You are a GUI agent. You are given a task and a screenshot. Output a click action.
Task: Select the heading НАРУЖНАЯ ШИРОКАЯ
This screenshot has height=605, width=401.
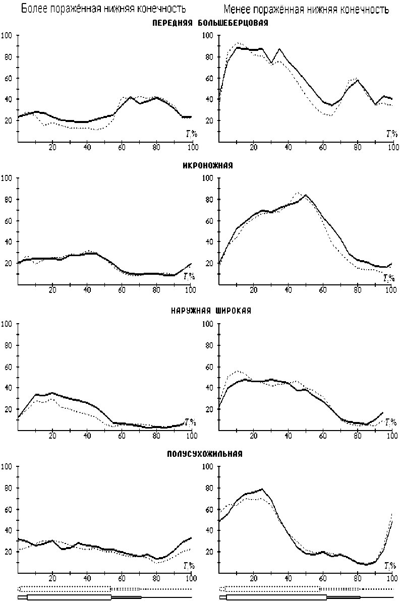click(211, 311)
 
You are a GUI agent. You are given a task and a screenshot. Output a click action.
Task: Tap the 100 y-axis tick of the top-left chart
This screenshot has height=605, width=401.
click(7, 35)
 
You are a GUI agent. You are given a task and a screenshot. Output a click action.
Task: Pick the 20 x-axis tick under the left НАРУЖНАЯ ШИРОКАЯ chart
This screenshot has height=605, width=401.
click(52, 436)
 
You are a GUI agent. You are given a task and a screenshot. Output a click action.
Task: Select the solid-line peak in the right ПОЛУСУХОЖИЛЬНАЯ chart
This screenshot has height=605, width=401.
click(262, 489)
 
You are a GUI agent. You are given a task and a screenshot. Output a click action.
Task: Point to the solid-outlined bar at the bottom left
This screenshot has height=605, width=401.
click(69, 597)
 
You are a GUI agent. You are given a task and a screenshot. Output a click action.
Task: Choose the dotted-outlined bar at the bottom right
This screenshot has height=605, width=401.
click(271, 588)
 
